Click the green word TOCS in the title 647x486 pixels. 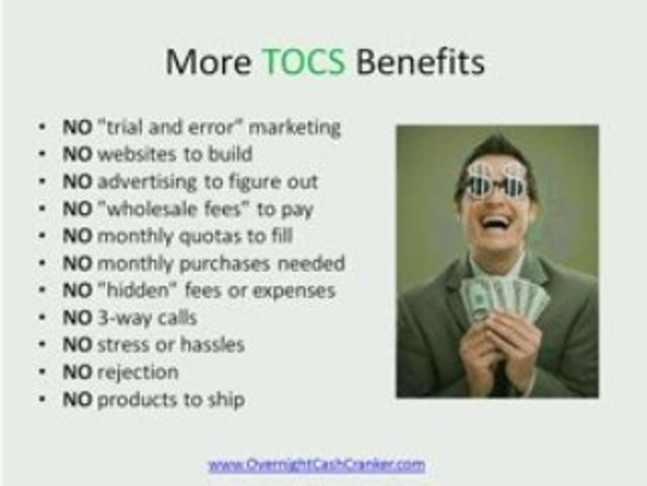pos(303,63)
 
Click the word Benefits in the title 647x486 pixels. pos(420,63)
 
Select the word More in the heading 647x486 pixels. pos(208,63)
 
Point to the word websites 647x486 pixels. pos(140,154)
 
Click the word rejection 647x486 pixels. pos(137,373)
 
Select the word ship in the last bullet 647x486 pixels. pos(228,400)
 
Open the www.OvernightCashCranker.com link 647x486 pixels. pos(316,464)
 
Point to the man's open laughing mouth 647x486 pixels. pos(497,222)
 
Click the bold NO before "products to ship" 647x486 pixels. pos(77,400)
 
